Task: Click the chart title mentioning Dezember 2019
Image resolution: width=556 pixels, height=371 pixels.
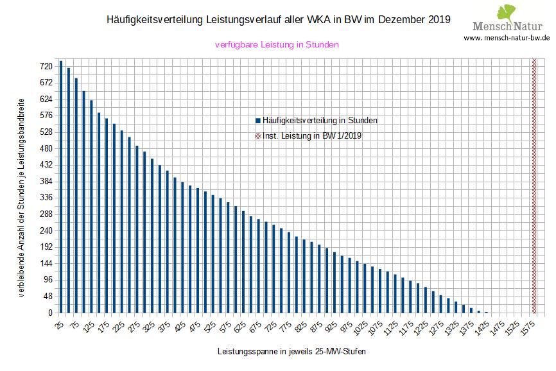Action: [x=278, y=20]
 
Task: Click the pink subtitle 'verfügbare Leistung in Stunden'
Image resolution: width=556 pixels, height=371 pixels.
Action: [x=277, y=45]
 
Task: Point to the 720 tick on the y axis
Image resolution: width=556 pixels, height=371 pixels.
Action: [x=45, y=66]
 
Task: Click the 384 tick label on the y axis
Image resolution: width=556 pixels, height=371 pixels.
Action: [x=45, y=181]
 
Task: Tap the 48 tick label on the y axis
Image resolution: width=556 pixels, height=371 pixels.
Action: [x=47, y=297]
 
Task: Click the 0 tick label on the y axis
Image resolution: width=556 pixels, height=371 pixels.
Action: [x=49, y=313]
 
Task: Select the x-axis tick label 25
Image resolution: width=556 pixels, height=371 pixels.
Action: [x=58, y=325]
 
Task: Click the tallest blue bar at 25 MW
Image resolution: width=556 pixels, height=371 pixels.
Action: [x=61, y=187]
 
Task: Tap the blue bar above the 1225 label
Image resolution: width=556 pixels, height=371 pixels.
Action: [x=426, y=300]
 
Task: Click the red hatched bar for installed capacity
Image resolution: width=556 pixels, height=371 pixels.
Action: [x=534, y=186]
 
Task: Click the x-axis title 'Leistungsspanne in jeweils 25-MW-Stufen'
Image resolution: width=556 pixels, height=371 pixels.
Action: [x=292, y=352]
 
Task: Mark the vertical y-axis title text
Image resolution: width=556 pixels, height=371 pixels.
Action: [x=22, y=198]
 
